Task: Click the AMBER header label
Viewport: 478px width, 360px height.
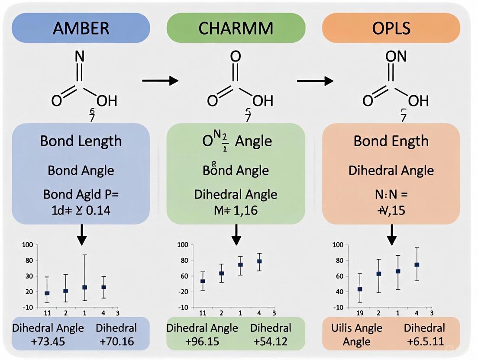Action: (x=81, y=29)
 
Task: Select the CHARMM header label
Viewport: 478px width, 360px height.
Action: (x=236, y=29)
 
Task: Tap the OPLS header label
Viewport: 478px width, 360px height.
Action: (x=391, y=29)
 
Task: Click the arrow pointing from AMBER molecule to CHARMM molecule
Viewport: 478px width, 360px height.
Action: (x=160, y=80)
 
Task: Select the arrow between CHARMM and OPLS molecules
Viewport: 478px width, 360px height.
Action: (x=315, y=80)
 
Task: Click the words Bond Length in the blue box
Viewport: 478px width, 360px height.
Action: (x=81, y=141)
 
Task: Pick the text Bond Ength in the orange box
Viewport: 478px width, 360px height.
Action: (x=391, y=141)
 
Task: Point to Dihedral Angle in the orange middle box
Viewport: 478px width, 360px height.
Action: (x=391, y=170)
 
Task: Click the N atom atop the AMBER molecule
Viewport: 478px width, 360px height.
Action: (x=80, y=56)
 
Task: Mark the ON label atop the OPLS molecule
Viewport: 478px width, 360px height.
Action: (x=391, y=56)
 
